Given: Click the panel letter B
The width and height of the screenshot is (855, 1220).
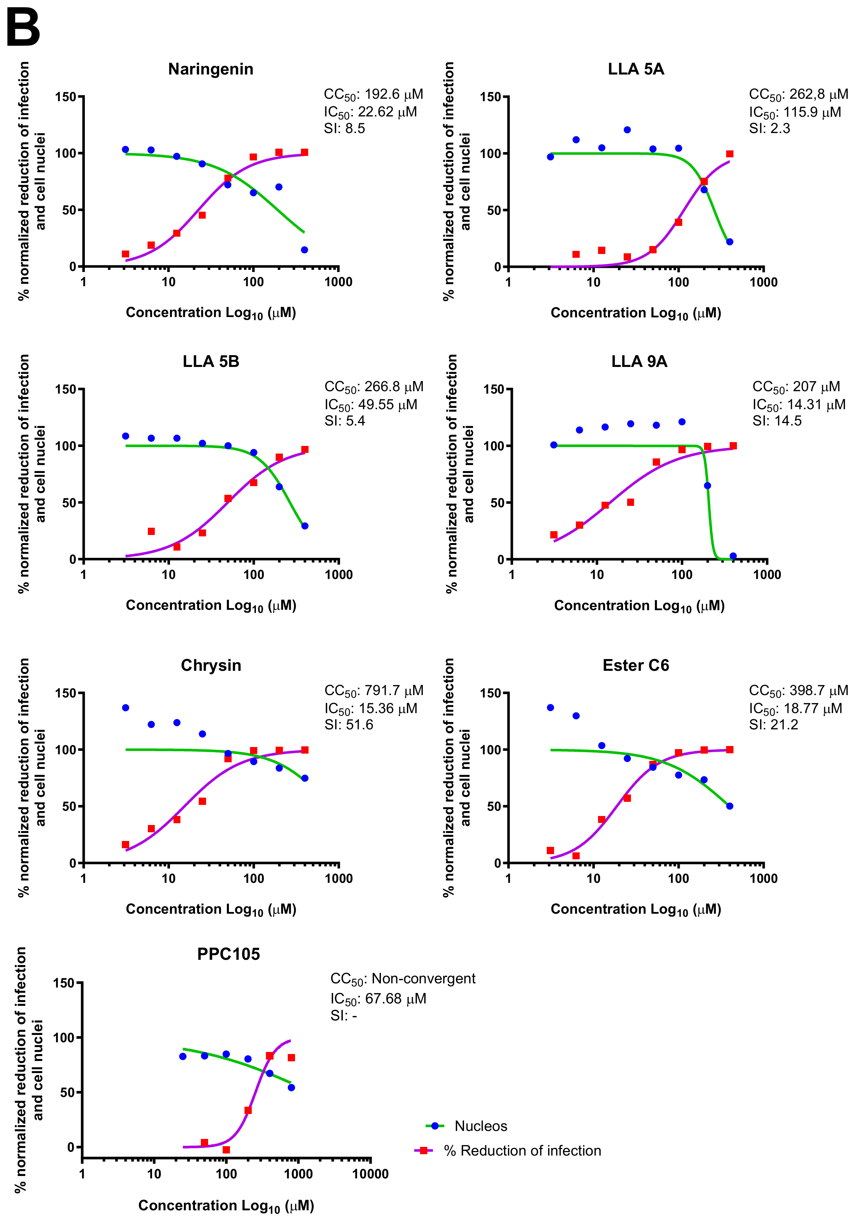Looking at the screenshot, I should [23, 28].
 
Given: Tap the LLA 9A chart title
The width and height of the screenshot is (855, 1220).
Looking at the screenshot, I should [639, 361].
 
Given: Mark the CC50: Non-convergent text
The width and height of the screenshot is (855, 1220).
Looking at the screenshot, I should [402, 979].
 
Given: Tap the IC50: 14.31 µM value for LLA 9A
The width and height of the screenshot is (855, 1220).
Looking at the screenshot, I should [799, 405].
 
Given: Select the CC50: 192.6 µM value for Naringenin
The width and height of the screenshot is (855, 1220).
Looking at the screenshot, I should [373, 95].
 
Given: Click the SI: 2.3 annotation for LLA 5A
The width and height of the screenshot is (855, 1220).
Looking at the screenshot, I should [769, 129].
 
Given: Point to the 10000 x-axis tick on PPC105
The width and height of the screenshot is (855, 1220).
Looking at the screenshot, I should [370, 1174].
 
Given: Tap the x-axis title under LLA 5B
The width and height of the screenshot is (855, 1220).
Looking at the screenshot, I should [211, 606].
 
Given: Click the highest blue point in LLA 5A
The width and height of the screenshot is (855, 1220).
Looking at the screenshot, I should [627, 130].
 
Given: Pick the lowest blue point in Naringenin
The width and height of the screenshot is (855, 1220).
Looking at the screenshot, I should [304, 250].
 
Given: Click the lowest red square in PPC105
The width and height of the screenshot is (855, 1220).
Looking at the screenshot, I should [226, 1150].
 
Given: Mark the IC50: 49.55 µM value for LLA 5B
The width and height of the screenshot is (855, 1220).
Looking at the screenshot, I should [371, 405].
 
